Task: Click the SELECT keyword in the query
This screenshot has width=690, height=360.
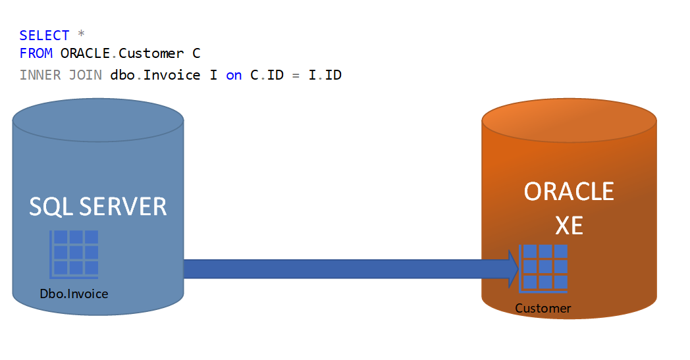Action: (x=44, y=36)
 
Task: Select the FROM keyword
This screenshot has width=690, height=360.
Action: (x=36, y=53)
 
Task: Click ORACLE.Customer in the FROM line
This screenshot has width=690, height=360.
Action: (x=122, y=53)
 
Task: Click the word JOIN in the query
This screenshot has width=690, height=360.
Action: (x=86, y=75)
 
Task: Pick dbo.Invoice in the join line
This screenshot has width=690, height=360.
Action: (x=155, y=75)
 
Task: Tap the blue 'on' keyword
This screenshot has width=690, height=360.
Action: (x=234, y=75)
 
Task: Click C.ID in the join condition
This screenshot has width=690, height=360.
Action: (x=267, y=75)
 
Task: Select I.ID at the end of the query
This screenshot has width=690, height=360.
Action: (x=325, y=75)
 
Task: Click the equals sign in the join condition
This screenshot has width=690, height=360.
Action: (x=296, y=75)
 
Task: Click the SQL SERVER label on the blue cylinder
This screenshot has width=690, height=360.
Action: (x=97, y=207)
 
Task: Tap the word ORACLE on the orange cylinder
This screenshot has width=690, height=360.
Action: (x=569, y=192)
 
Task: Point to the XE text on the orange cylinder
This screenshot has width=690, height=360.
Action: (x=569, y=226)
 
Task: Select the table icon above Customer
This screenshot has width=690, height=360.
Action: (x=543, y=267)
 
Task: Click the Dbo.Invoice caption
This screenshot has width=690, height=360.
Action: (x=74, y=294)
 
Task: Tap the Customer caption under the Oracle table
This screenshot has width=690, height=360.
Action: (x=543, y=308)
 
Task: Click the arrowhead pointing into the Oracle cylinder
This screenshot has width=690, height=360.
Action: (x=513, y=269)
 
